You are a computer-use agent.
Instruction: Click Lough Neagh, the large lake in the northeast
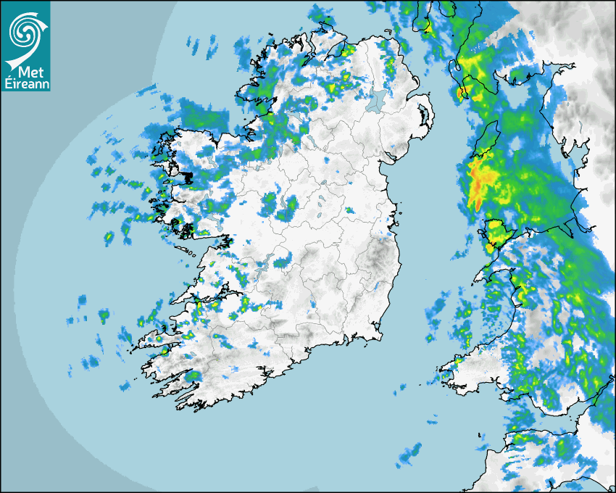(x=375, y=101)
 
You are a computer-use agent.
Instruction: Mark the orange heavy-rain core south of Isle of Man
(x=478, y=181)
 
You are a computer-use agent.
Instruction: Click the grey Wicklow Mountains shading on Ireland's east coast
(x=378, y=258)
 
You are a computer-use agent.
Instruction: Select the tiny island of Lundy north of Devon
(x=479, y=436)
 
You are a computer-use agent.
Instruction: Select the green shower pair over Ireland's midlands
(x=279, y=207)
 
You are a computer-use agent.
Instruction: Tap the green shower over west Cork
(x=192, y=376)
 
